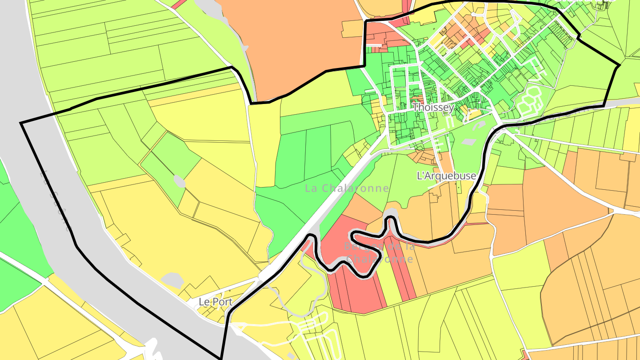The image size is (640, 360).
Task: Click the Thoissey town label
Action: coord(433,107)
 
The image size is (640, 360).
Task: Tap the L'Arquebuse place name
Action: coord(446,176)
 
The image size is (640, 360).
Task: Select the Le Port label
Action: coord(215,301)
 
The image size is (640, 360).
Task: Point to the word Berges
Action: coord(359,246)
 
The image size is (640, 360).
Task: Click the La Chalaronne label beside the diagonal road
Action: coord(347,188)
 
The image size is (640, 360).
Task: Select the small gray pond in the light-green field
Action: coord(179,181)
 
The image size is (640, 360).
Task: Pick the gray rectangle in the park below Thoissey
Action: coord(468,142)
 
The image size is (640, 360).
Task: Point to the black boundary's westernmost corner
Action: coord(21,123)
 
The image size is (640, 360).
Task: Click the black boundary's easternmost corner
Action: coord(619,66)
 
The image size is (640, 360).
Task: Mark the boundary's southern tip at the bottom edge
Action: coord(221,358)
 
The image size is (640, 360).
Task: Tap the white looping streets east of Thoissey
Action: coord(529,100)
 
